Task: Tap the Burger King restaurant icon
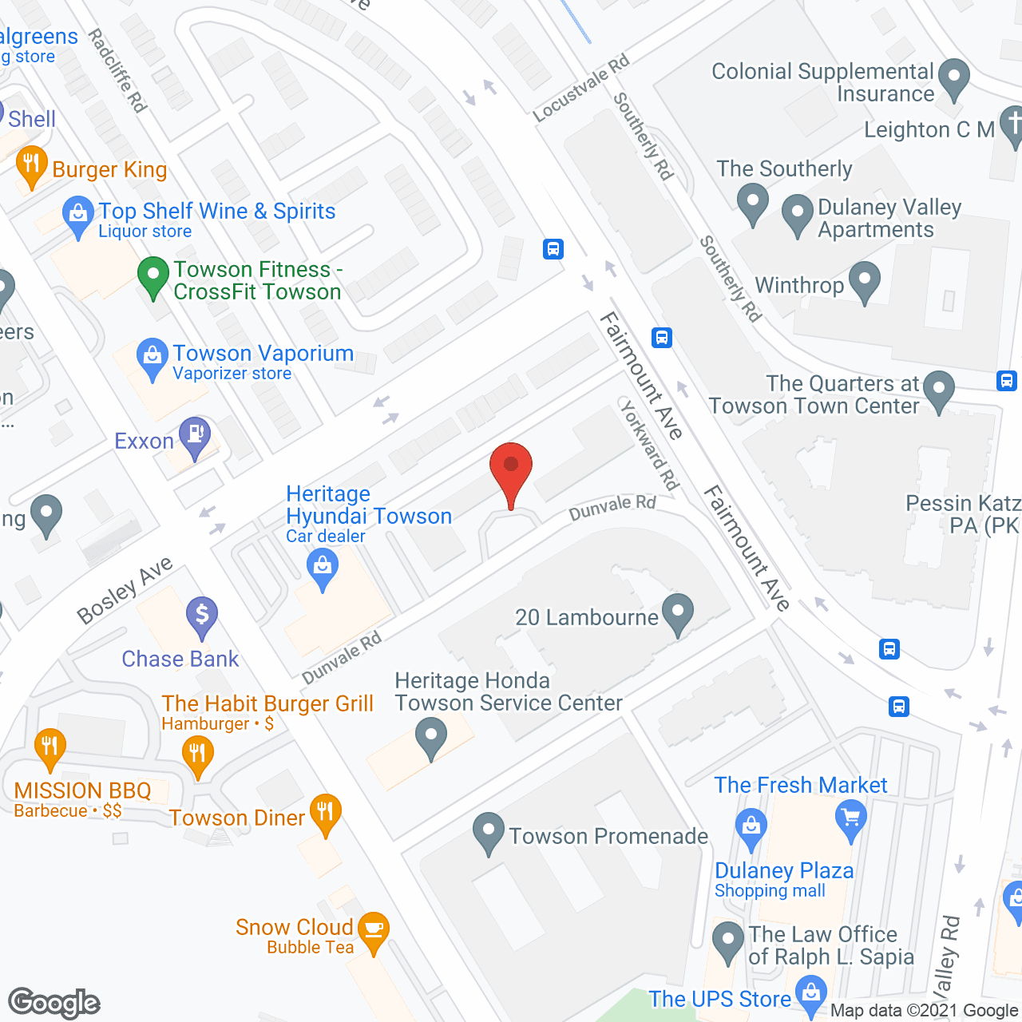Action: (31, 165)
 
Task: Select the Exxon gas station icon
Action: (195, 436)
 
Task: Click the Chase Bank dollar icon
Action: (202, 616)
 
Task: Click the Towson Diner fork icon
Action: (325, 813)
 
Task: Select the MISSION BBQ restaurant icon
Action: (50, 747)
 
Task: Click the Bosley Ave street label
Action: (125, 590)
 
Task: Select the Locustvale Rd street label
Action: (581, 88)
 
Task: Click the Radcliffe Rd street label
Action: (117, 70)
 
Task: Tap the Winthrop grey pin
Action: (864, 281)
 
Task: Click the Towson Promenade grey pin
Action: (488, 832)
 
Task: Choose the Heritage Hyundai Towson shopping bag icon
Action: (323, 569)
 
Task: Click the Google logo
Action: (54, 1003)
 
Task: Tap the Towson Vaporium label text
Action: (263, 353)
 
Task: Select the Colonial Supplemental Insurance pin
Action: (953, 78)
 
